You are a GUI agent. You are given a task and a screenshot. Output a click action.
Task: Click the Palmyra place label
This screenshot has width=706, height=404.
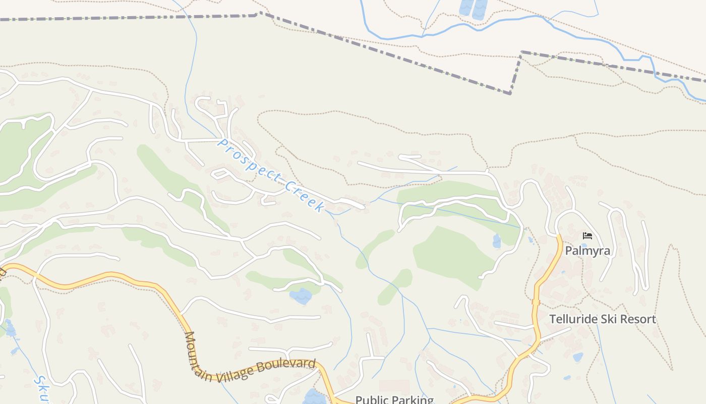coord(587,250)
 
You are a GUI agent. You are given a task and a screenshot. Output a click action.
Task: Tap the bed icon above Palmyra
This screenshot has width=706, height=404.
coord(587,236)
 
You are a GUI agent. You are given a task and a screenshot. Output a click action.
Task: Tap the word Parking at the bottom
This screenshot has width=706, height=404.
coord(411,400)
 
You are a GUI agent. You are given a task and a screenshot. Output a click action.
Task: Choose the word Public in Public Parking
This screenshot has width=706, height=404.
coord(371,400)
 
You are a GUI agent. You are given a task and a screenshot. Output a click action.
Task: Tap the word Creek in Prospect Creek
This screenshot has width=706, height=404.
coord(305,196)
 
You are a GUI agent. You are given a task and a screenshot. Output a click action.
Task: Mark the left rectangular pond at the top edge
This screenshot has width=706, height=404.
coord(466,7)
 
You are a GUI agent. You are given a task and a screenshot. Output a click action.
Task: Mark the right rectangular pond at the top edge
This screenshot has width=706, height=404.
coord(480,8)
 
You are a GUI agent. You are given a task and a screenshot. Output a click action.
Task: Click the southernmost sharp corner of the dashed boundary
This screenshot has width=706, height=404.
coord(510,93)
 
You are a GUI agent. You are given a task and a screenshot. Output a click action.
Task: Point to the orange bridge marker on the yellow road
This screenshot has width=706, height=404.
coord(536,302)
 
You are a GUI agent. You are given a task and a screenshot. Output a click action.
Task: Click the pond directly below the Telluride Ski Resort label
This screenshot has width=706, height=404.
coord(578,357)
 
